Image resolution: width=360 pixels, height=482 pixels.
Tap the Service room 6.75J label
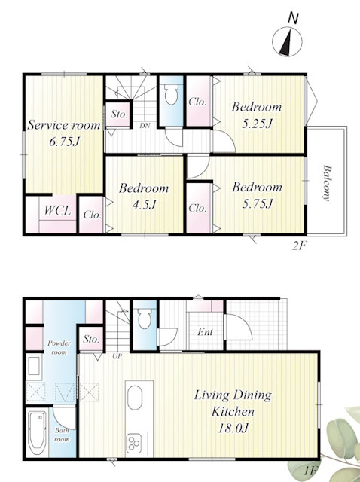(64, 133)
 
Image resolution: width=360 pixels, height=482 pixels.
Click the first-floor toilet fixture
(145, 319)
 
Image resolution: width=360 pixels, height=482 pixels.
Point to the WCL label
(57, 211)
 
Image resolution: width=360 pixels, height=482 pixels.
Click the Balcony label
(327, 183)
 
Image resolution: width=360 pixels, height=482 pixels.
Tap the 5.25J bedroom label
(257, 115)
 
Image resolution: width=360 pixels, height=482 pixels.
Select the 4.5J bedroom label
(144, 196)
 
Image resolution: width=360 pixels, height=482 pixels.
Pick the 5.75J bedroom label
(257, 195)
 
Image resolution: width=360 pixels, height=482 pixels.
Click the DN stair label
(145, 126)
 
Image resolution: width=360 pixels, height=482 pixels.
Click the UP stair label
(117, 356)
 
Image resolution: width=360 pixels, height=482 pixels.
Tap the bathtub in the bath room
(37, 432)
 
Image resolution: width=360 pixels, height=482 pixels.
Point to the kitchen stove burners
(134, 444)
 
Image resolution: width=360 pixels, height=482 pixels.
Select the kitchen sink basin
(135, 398)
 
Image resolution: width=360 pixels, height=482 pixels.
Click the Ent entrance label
(205, 332)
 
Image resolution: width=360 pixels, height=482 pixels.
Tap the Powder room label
(59, 348)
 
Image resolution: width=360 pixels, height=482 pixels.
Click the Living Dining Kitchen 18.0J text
(233, 412)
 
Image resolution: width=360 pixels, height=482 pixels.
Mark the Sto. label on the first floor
(91, 340)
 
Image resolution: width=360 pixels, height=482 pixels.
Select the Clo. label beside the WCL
(92, 215)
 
